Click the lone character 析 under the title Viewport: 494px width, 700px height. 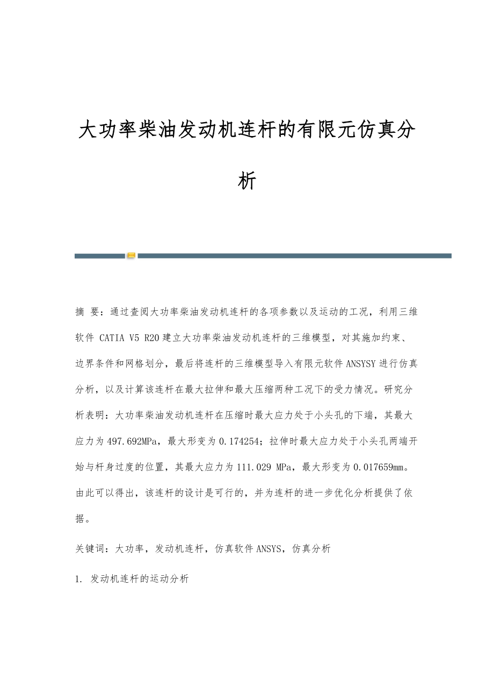[246, 181]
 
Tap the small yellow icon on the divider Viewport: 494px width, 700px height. [131, 256]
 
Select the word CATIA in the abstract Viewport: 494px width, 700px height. [111, 338]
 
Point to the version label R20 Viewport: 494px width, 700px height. [152, 338]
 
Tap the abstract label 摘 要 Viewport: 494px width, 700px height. [88, 312]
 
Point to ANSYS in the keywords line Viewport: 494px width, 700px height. [268, 548]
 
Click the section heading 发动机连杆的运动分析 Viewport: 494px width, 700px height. [140, 579]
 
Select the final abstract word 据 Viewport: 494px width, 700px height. [80, 519]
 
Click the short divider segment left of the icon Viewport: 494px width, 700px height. [99, 256]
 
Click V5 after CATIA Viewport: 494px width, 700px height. [134, 338]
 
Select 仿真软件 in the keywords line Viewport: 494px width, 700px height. [234, 548]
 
